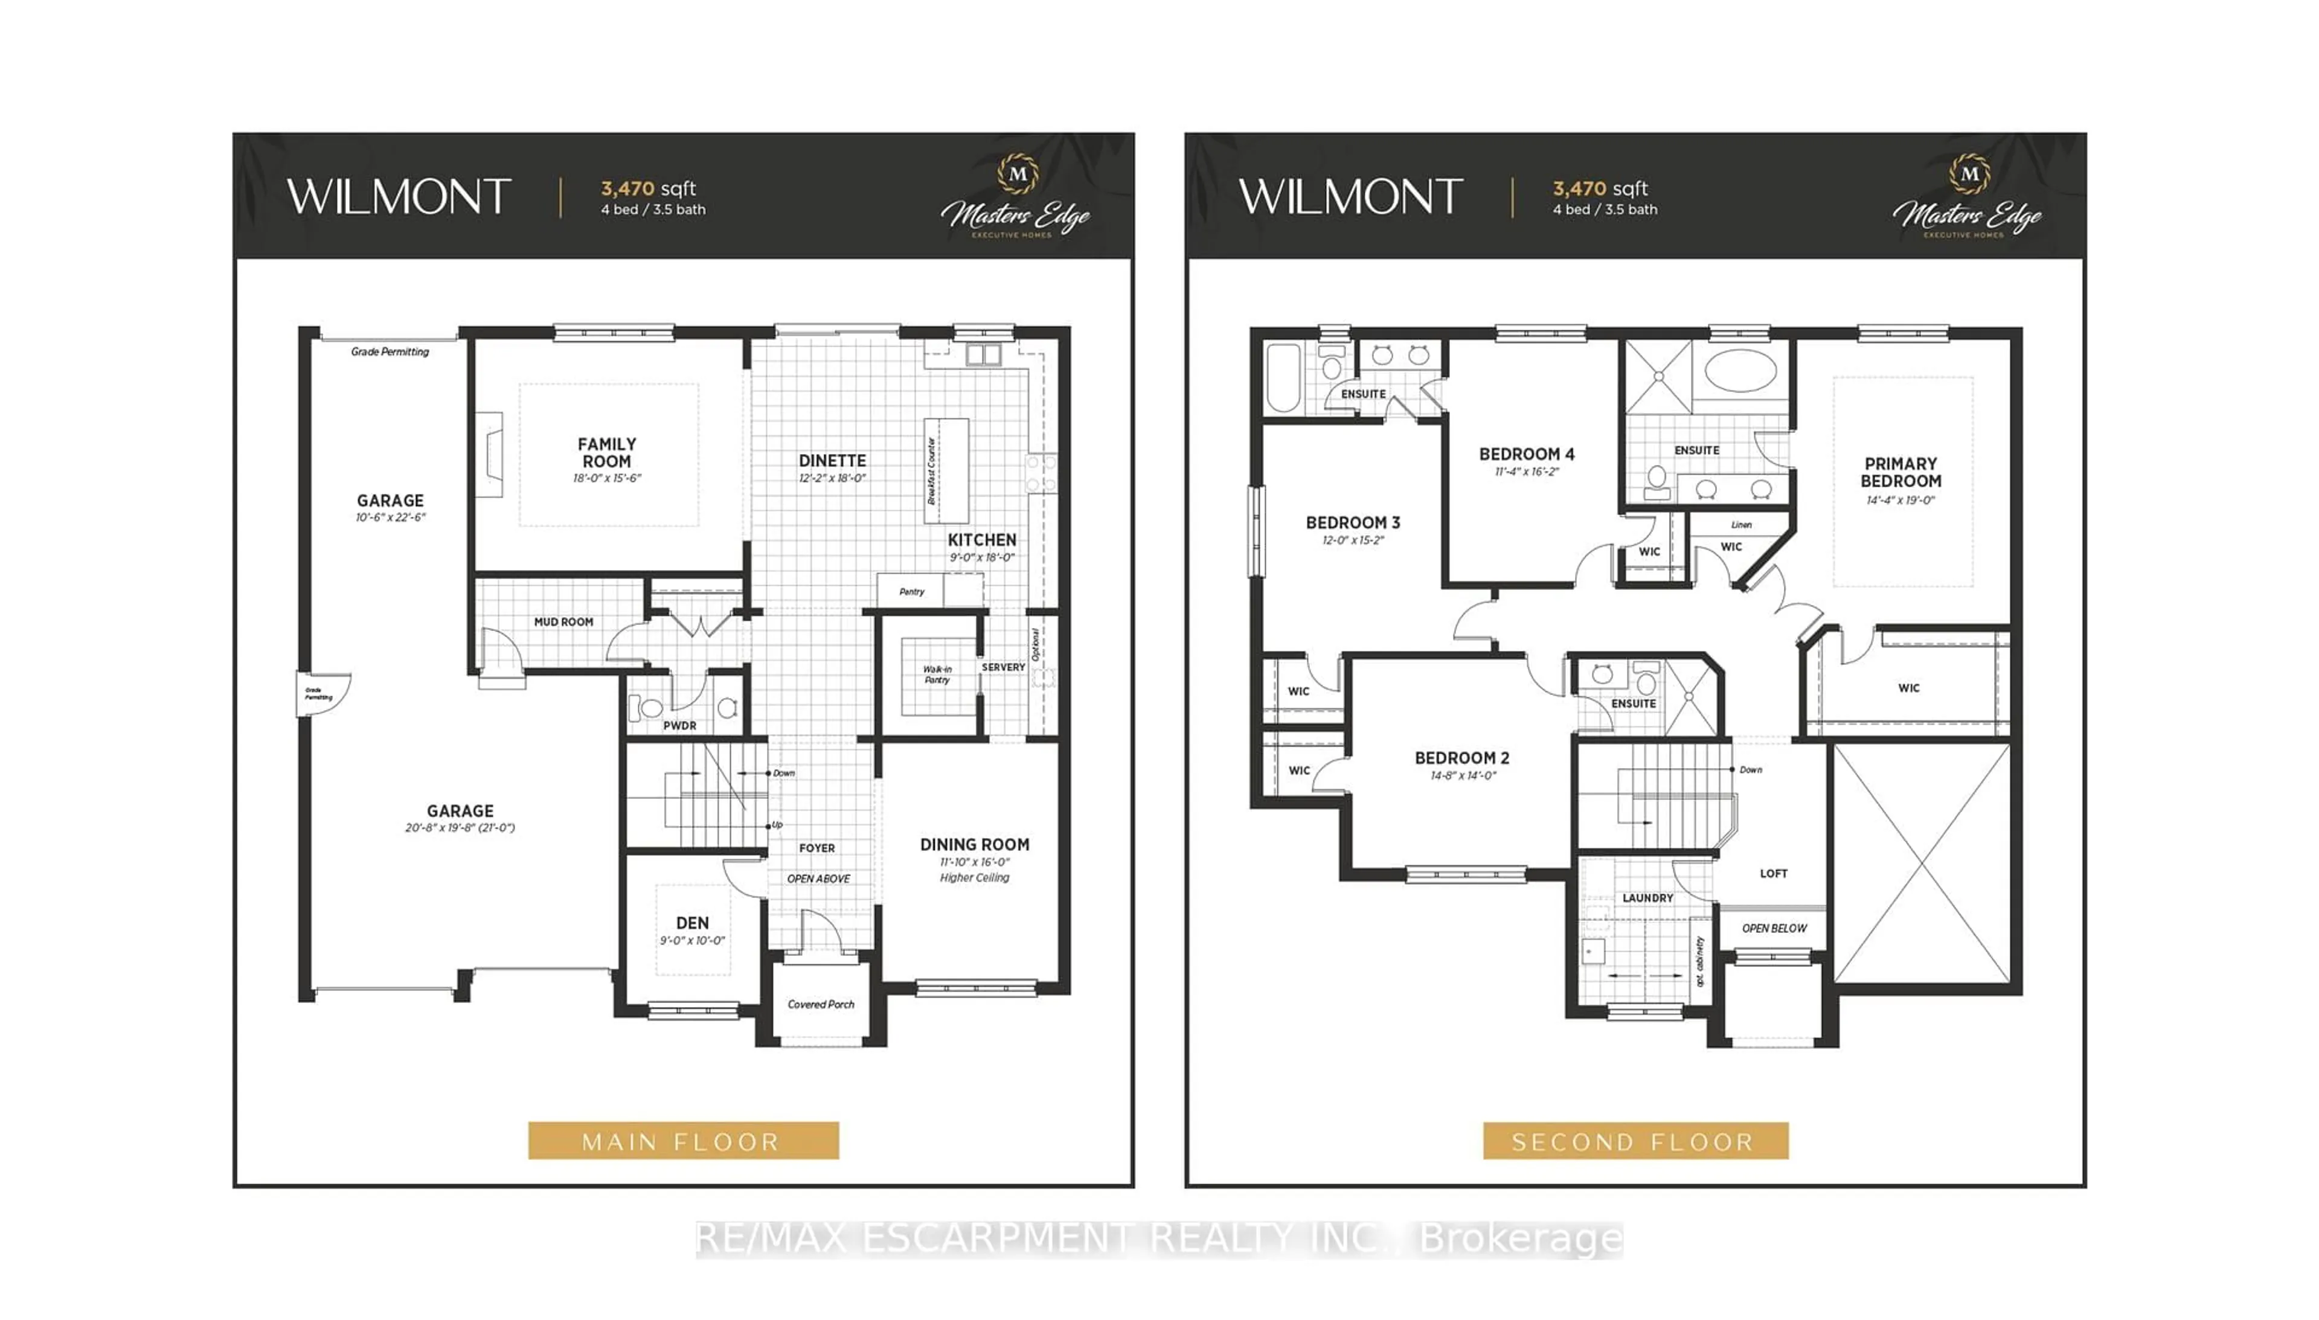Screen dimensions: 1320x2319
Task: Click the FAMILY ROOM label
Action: [x=606, y=452]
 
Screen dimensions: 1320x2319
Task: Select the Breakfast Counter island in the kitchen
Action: [x=946, y=470]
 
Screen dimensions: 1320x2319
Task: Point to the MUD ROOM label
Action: [x=563, y=622]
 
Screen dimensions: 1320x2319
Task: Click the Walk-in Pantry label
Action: [x=937, y=674]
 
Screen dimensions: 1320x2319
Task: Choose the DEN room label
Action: [x=691, y=923]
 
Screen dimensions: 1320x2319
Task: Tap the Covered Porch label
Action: [x=821, y=1005]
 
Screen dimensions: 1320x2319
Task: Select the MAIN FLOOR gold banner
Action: [x=682, y=1141]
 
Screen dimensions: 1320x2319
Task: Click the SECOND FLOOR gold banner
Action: [x=1635, y=1141]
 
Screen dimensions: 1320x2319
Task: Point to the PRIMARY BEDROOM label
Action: [x=1900, y=472]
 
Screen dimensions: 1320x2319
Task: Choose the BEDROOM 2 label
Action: [x=1461, y=758]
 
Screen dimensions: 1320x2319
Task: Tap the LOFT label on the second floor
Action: [x=1773, y=874]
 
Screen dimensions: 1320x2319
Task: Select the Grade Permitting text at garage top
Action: [x=390, y=352]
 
